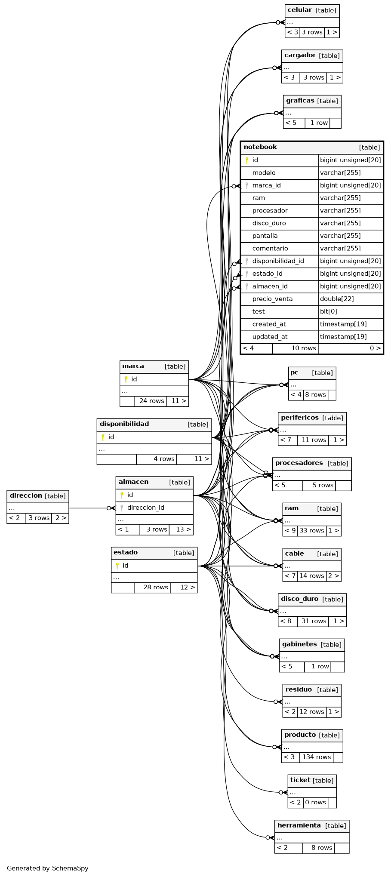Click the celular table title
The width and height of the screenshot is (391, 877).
click(x=299, y=10)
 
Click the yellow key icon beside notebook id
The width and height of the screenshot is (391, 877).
click(x=247, y=160)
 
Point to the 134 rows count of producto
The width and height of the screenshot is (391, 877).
click(x=317, y=757)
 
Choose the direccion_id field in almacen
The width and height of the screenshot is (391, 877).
click(x=145, y=508)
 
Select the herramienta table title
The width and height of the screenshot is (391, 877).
click(x=299, y=825)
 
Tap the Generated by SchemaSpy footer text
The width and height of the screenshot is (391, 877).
click(x=48, y=868)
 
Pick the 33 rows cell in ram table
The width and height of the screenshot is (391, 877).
click(x=311, y=530)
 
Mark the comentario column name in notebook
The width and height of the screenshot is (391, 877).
click(x=270, y=248)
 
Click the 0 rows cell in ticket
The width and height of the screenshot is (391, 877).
click(x=315, y=802)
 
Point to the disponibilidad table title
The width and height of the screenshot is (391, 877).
click(x=124, y=424)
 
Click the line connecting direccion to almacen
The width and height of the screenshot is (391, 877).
click(x=88, y=508)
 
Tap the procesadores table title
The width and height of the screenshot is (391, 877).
click(x=299, y=463)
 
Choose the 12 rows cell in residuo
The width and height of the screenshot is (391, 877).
click(x=311, y=711)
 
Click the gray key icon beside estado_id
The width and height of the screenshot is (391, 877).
click(x=247, y=274)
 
